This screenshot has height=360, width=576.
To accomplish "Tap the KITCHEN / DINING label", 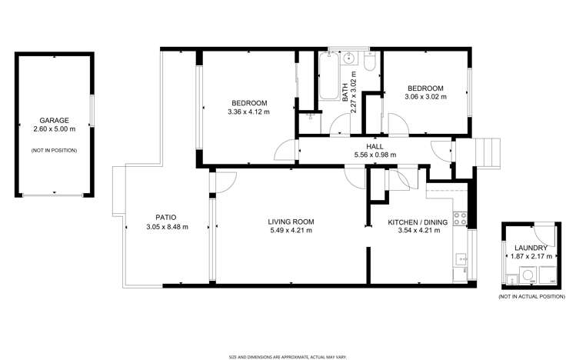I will [x=417, y=222].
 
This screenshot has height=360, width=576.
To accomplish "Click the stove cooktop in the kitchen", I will [x=462, y=218].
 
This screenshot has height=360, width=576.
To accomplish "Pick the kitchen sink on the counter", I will [x=461, y=260].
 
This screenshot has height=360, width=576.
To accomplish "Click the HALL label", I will [x=375, y=145].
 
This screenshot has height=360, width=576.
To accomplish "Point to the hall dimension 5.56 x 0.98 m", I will [x=375, y=155].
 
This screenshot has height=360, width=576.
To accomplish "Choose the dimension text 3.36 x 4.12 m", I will [x=248, y=112].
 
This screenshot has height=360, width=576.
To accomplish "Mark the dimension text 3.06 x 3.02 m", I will [x=425, y=97].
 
